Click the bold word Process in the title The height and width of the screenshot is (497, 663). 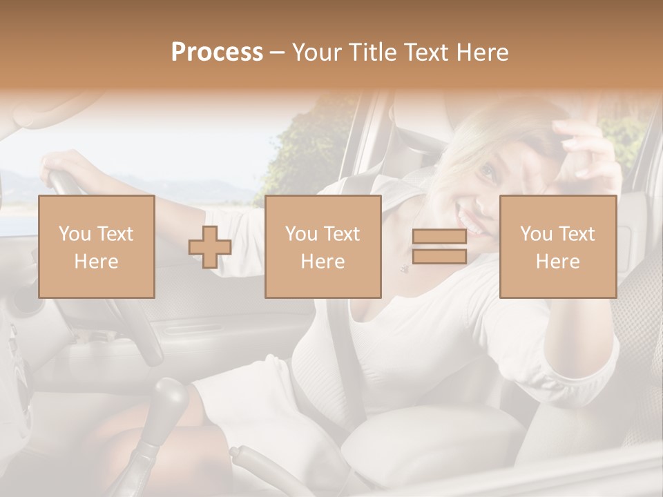point(217,52)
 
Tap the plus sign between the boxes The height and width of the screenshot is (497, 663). point(210,247)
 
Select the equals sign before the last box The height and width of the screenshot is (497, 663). point(439,247)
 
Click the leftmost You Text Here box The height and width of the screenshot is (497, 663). point(96,246)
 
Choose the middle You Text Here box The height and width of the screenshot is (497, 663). point(323,246)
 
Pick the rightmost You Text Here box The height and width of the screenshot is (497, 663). point(557,246)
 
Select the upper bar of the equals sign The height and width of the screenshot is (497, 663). point(439,237)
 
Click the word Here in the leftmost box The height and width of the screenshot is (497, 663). point(96,261)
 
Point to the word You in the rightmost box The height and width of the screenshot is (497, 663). point(535,234)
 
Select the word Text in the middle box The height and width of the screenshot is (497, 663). point(341,234)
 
